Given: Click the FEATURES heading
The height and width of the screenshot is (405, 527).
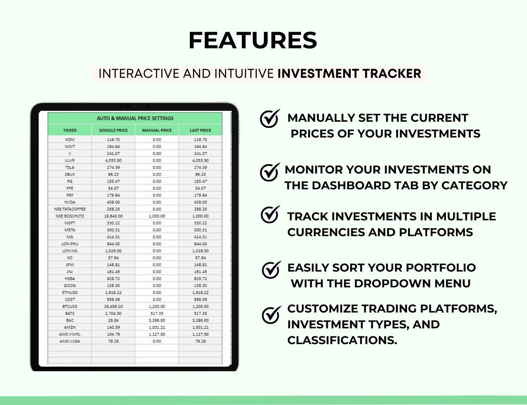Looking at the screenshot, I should tap(253, 40).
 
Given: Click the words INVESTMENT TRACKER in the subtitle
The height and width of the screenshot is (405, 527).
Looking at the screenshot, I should tap(349, 74).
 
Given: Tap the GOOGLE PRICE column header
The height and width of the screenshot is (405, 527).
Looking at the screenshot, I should tap(113, 130).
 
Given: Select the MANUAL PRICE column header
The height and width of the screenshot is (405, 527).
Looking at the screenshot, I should tap(157, 130).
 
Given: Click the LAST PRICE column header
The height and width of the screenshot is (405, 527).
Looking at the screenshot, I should tap(200, 130).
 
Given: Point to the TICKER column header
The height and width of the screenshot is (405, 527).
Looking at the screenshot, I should tap(70, 130).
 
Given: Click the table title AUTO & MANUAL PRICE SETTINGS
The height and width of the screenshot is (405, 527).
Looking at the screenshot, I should tap(135, 118).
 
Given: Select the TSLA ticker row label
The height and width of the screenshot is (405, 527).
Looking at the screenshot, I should tap(70, 167).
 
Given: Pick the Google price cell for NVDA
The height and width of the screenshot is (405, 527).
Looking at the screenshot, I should tap(113, 202).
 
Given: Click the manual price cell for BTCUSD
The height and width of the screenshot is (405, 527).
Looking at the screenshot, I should tap(157, 306).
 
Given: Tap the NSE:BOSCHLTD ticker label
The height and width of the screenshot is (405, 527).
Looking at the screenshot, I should tap(70, 216).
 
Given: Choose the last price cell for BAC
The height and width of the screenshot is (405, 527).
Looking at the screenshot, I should tap(200, 320).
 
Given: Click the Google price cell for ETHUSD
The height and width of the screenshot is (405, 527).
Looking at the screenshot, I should tap(113, 292).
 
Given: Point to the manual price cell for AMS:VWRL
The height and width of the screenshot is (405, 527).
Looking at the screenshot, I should tap(157, 334).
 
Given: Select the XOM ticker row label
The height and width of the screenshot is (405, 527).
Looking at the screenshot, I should tap(70, 140).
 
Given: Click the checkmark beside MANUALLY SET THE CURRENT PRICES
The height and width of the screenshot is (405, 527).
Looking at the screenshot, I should tap(270, 119).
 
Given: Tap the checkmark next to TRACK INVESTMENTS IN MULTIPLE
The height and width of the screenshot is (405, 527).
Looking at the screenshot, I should tap(270, 215).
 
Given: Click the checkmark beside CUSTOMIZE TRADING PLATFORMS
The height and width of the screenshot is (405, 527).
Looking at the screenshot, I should tap(271, 315).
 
